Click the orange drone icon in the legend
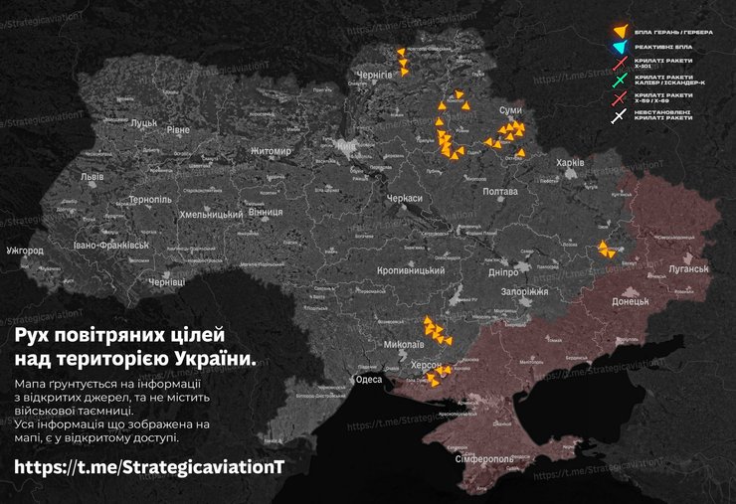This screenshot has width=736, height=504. (x=622, y=32)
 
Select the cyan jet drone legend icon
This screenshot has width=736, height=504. (x=622, y=48)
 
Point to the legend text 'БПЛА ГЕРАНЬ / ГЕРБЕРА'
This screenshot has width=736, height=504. (x=677, y=32)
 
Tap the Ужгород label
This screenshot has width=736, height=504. (x=24, y=250)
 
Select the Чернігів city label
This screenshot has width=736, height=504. (x=375, y=76)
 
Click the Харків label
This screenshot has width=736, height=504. (x=569, y=162)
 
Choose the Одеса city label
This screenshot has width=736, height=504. (x=368, y=380)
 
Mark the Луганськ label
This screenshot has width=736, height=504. (x=681, y=269)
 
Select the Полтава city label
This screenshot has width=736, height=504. (x=499, y=190)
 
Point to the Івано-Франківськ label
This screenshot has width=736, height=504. (x=110, y=245)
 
